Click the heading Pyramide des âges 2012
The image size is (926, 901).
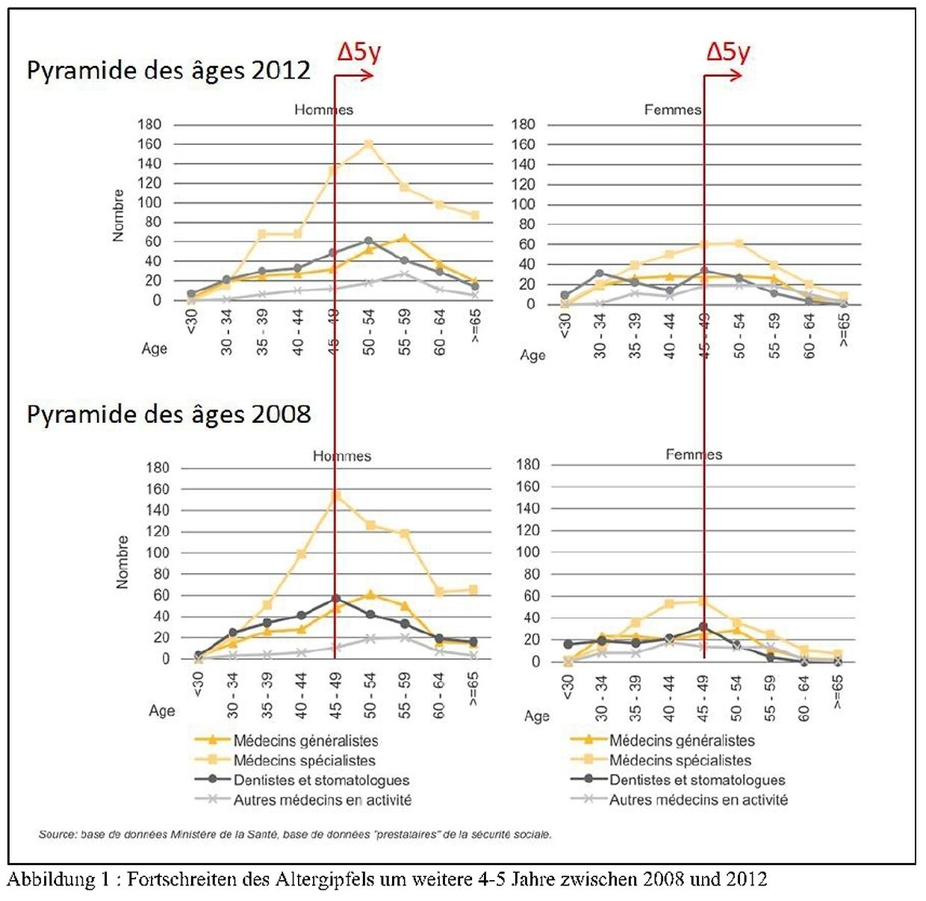coord(168,70)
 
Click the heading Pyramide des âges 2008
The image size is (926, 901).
coord(168,414)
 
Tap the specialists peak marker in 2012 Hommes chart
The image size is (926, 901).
coord(368,144)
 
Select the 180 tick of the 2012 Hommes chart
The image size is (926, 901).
coord(149,124)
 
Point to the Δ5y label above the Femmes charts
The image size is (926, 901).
coord(728,52)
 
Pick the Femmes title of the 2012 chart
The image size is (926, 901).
coord(673,110)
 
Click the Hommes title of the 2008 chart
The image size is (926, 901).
coord(341,456)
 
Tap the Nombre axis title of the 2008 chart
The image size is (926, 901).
coord(122,562)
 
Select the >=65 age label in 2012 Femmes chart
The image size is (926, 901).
coord(844,329)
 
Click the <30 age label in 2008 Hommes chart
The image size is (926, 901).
coord(197,684)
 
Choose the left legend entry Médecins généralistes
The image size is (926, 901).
coord(305,741)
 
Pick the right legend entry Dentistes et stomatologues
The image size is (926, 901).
coord(697,780)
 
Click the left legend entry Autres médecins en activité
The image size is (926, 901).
coord(322,800)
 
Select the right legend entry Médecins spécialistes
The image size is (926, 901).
coord(680,761)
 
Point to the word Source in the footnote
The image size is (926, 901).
coord(58,835)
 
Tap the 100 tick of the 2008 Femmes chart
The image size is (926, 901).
coord(527,552)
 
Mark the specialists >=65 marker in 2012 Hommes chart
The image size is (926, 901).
coord(474,215)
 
